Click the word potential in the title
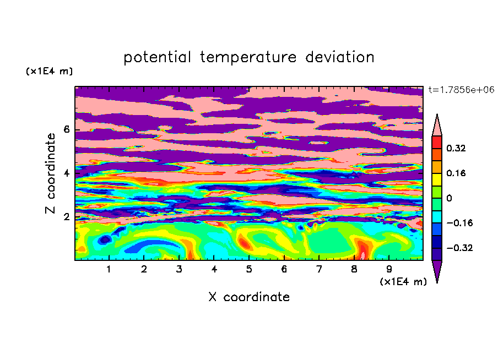click(157, 58)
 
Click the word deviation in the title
click(339, 57)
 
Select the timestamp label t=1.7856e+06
click(461, 90)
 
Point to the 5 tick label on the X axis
click(249, 269)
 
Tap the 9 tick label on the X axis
click(389, 269)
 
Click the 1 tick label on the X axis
click(109, 269)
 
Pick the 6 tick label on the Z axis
click(66, 129)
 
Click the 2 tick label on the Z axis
click(66, 217)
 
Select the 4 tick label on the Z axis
click(66, 173)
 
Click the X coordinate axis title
click(249, 297)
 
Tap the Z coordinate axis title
click(51, 173)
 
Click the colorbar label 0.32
click(456, 148)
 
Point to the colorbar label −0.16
click(459, 223)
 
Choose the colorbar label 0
click(449, 198)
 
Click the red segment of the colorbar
click(437, 142)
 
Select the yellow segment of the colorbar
click(437, 179)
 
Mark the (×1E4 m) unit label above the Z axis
click(49, 71)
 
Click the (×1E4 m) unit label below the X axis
click(403, 282)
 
